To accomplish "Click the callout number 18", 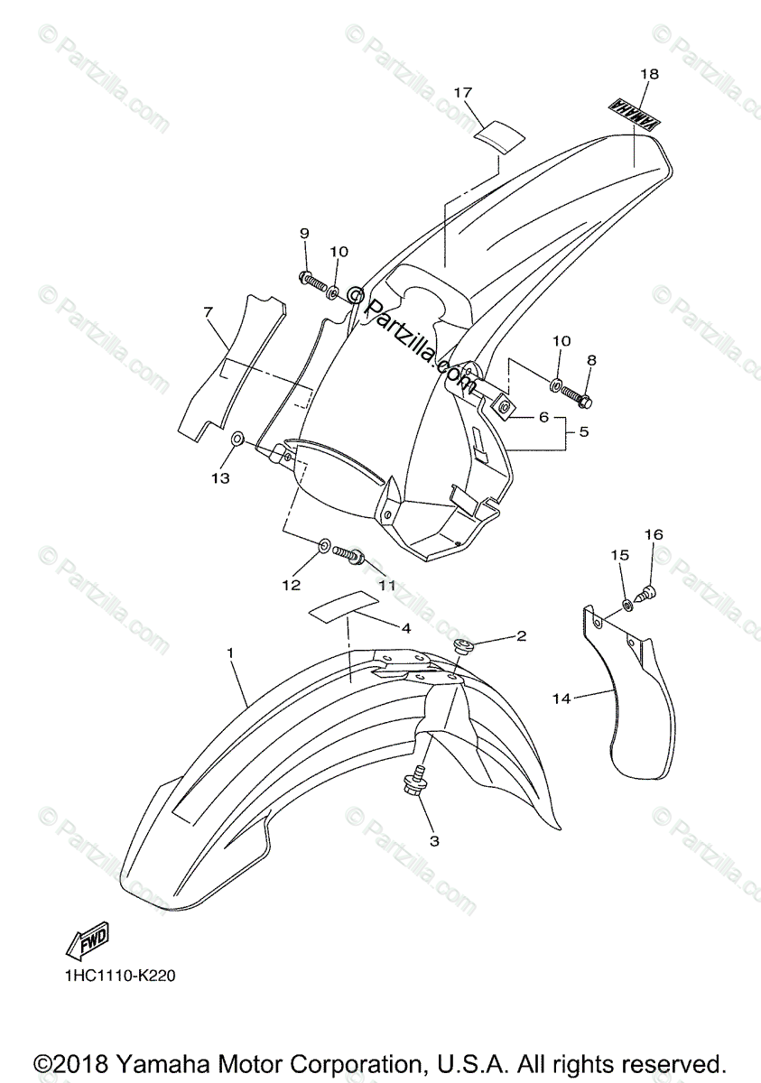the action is pyautogui.click(x=649, y=74).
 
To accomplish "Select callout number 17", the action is pyautogui.click(x=463, y=92).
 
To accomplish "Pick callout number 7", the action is pyautogui.click(x=208, y=312).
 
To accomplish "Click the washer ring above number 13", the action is pyautogui.click(x=237, y=440).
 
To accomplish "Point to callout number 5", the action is pyautogui.click(x=583, y=431).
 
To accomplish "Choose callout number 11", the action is pyautogui.click(x=387, y=585).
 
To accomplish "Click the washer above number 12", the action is pyautogui.click(x=323, y=545).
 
